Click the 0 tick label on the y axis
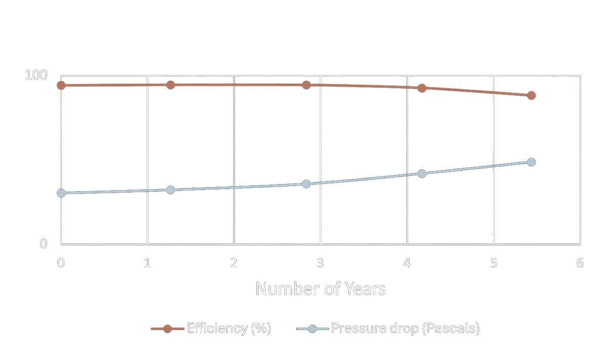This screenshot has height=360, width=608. pos(44,244)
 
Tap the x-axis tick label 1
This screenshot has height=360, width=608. pos(147,263)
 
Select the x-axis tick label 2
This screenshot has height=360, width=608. pos(234,263)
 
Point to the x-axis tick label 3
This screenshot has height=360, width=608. pos(320,263)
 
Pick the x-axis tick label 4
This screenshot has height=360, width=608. pos(407,263)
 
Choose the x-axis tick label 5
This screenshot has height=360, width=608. pos(493,263)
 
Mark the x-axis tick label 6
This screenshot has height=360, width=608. pos(580,263)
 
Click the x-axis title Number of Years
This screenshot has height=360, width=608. pos(320,289)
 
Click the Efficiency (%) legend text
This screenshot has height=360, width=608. pos(229,329)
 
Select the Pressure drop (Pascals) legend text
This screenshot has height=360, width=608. pos(405,329)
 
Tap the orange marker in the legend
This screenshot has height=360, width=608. pos(167,329)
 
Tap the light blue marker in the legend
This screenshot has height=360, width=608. pos(313,329)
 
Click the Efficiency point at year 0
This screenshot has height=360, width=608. pos(61,85)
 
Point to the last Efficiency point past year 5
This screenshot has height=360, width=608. pos(531,95)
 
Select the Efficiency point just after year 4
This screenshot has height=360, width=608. pos(422,88)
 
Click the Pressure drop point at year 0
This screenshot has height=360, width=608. pos(61,193)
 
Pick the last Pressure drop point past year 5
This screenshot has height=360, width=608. pos(531,162)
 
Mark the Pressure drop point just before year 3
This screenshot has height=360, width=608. pos(306,184)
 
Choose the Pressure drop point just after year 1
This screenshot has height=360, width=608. pos(170,190)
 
